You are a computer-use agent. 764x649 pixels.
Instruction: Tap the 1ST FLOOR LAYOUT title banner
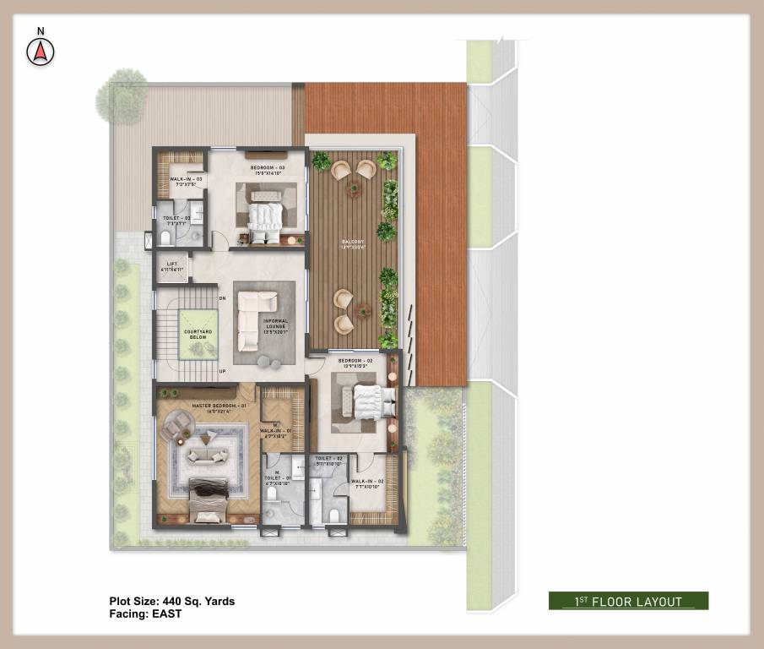coord(628,602)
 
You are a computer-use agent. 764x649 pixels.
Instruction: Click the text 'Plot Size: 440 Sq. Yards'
coord(172,602)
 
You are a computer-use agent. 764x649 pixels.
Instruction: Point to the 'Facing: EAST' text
coord(145,614)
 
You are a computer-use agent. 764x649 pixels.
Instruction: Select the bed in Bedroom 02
coord(369,401)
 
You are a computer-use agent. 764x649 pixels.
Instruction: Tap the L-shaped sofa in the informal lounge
coord(253,319)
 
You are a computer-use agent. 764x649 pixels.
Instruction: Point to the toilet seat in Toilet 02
coord(335,515)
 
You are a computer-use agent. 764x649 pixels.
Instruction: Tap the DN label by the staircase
coord(222,298)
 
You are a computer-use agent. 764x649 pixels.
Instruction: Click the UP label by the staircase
coord(222,371)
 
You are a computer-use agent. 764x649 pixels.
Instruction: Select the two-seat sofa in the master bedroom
coord(207,456)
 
